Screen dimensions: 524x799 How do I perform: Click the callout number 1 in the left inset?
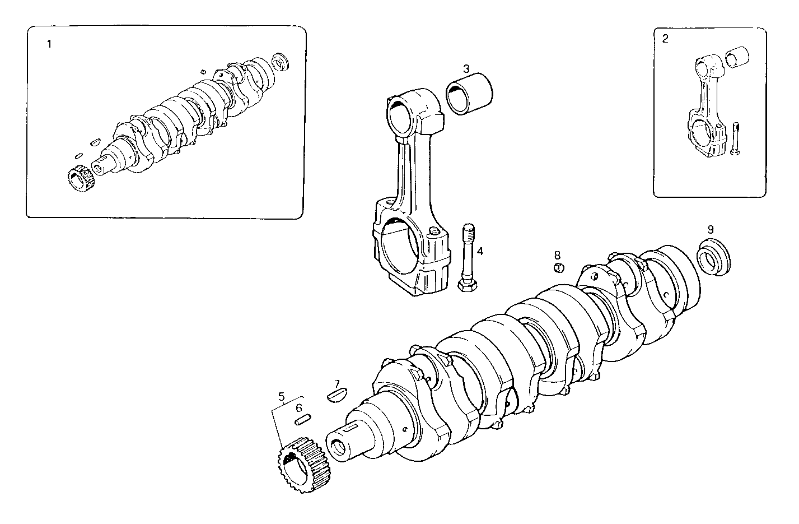click(49, 44)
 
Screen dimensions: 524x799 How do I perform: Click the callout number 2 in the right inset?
click(665, 39)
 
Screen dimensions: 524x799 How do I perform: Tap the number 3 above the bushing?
click(466, 69)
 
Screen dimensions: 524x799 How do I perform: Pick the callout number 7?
click(337, 384)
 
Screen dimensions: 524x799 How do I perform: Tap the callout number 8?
click(557, 255)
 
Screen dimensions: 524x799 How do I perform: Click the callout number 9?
click(710, 229)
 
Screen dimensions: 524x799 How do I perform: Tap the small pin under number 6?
click(303, 418)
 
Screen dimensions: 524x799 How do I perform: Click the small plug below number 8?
click(558, 267)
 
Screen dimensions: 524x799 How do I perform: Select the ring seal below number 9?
click(714, 257)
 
